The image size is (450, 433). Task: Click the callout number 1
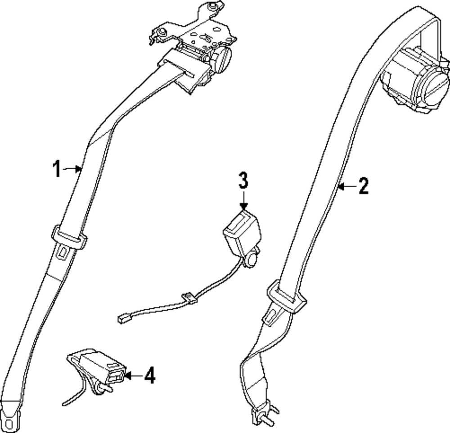56,170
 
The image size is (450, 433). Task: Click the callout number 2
363,186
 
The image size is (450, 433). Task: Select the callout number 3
243,180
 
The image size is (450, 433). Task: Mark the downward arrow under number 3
243,200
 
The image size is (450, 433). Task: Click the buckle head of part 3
242,232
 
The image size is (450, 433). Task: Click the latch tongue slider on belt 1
69,237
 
